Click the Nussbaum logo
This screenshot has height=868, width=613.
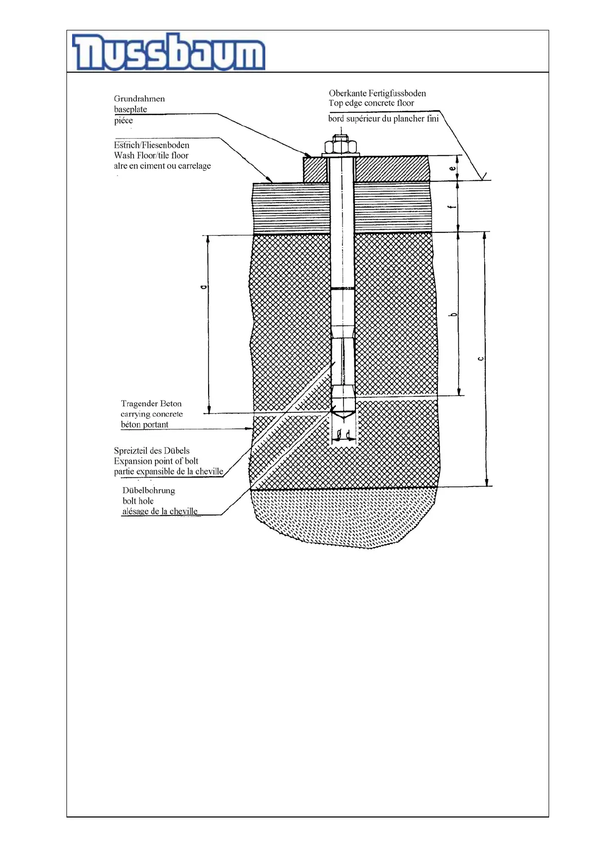click(x=169, y=52)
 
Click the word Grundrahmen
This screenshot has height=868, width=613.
click(x=139, y=98)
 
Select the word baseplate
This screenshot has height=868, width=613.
click(x=130, y=109)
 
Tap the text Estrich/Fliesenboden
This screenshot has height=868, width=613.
click(x=151, y=145)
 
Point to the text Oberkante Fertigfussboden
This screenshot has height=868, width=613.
click(x=377, y=93)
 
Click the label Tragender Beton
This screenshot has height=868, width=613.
click(x=151, y=404)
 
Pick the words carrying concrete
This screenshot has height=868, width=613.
click(x=151, y=414)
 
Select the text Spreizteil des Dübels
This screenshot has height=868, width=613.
click(x=151, y=450)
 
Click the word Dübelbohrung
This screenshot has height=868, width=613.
click(x=148, y=490)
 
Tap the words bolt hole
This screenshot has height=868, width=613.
click(x=138, y=500)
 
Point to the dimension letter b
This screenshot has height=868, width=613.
click(x=453, y=314)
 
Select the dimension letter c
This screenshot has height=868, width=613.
click(x=480, y=359)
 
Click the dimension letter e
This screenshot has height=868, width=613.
click(x=452, y=168)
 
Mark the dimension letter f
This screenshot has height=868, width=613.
click(x=452, y=207)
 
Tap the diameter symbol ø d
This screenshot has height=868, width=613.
click(x=344, y=433)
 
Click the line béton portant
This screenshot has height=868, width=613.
click(x=144, y=425)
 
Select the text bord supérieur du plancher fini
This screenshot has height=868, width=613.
click(x=383, y=119)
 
